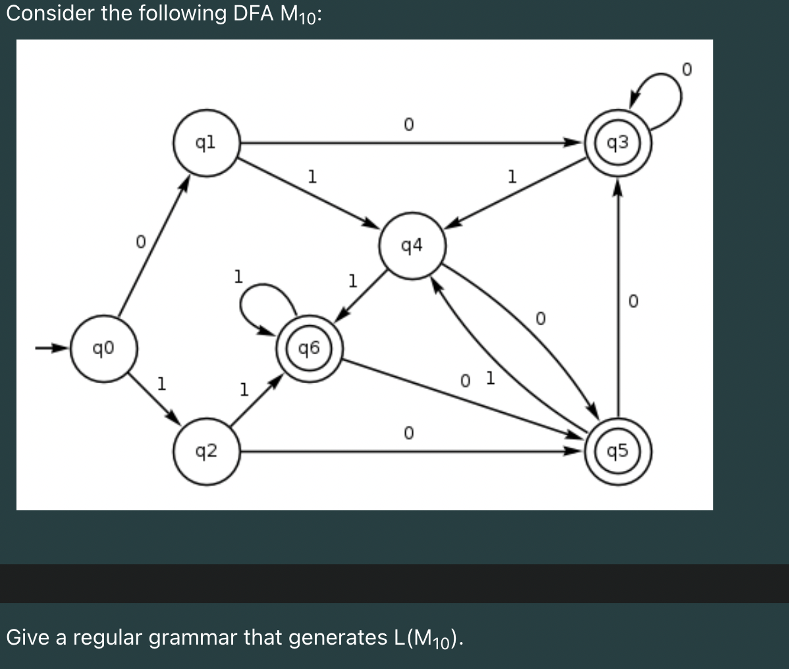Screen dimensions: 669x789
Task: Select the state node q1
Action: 205,142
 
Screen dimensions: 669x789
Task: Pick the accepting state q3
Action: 618,142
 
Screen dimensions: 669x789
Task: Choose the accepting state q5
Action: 618,452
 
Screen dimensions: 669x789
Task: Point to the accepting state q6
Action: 310,348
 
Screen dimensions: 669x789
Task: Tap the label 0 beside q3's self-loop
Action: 687,68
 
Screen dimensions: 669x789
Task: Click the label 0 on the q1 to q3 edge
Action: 408,124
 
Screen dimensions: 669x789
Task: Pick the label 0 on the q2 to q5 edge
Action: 408,433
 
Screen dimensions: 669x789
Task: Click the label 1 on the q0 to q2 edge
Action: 160,382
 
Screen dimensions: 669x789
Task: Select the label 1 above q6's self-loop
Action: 238,275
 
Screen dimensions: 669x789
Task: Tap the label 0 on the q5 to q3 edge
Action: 633,302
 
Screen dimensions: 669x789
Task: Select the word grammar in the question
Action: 192,637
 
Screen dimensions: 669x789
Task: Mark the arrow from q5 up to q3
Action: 618,296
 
